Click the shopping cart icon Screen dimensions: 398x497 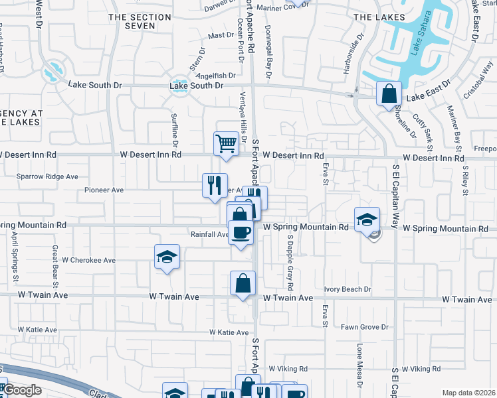226,143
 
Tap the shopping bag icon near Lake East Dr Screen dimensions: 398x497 388,93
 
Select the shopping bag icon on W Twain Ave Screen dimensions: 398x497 243,283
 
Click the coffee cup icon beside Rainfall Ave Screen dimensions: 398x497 241,232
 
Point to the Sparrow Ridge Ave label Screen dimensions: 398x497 47,177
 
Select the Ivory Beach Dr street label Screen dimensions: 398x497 347,289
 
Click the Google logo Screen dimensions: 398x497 22,390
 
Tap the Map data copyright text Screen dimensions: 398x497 468,393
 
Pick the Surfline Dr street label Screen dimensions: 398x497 175,129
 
